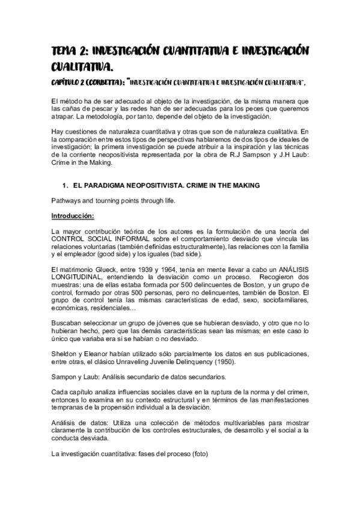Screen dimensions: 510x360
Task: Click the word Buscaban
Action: (66, 324)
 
